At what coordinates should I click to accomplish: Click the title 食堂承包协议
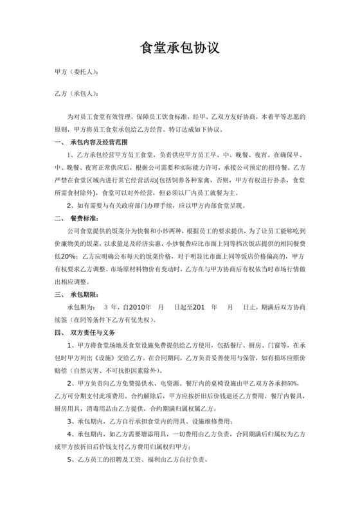180,48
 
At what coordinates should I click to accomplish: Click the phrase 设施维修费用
195,422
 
